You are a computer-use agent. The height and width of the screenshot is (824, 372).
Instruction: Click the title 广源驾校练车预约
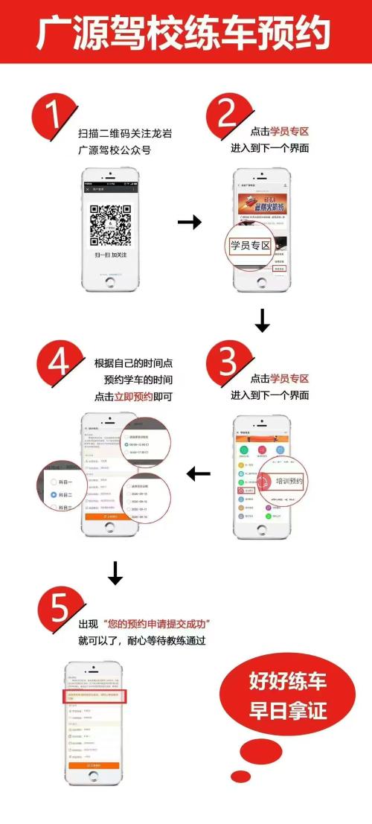tap(185, 33)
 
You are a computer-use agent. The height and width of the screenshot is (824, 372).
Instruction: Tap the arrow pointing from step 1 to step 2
tap(189, 222)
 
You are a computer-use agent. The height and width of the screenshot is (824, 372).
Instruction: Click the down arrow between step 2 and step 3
tap(262, 321)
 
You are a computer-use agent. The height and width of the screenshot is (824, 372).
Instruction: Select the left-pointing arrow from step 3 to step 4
tap(198, 473)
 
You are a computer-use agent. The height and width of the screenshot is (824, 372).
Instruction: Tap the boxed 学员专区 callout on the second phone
tap(250, 245)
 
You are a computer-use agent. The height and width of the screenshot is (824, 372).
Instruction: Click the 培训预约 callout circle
tap(285, 482)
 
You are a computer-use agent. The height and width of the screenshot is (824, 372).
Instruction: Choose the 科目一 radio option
tap(57, 482)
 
